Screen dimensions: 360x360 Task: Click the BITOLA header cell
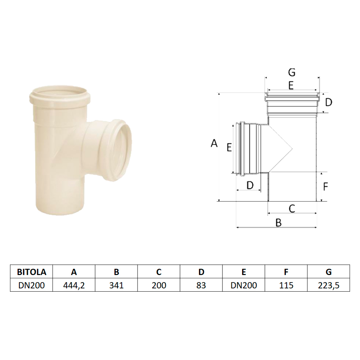click(31, 272)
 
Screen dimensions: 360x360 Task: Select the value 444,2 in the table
click(74, 285)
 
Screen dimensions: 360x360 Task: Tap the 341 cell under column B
click(116, 285)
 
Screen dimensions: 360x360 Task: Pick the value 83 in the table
click(201, 285)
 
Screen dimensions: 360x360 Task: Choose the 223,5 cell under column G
click(329, 285)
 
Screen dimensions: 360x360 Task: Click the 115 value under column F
click(286, 285)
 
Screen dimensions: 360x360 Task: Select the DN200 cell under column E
click(244, 285)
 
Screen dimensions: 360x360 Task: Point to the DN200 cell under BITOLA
click(31, 285)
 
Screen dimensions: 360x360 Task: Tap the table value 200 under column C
click(159, 285)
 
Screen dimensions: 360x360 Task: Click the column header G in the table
click(329, 272)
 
